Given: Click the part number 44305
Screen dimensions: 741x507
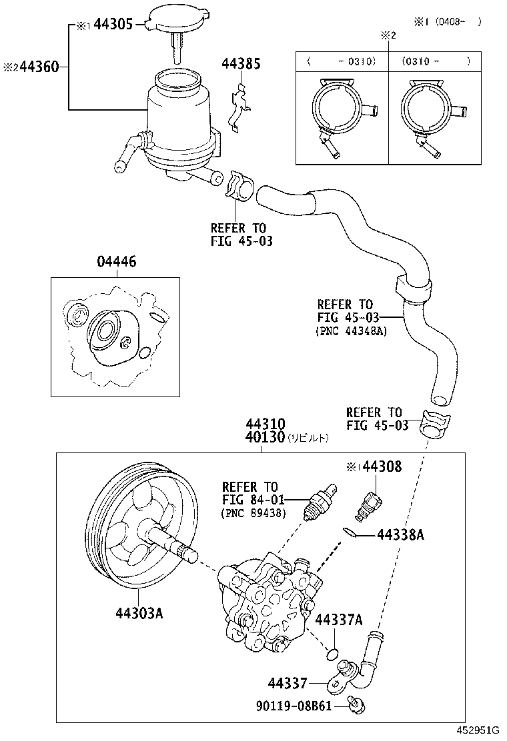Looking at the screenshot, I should tap(116, 25).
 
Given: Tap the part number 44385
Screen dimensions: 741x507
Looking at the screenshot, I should tap(241, 64).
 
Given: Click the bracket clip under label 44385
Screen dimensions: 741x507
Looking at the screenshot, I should tap(239, 107).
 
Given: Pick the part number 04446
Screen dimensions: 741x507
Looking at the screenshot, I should tap(116, 262).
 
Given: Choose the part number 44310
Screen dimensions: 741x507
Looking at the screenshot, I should tap(265, 424).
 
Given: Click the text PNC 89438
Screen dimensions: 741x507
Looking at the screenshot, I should tap(253, 513).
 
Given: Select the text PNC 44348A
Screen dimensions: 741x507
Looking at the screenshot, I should tap(351, 331).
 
